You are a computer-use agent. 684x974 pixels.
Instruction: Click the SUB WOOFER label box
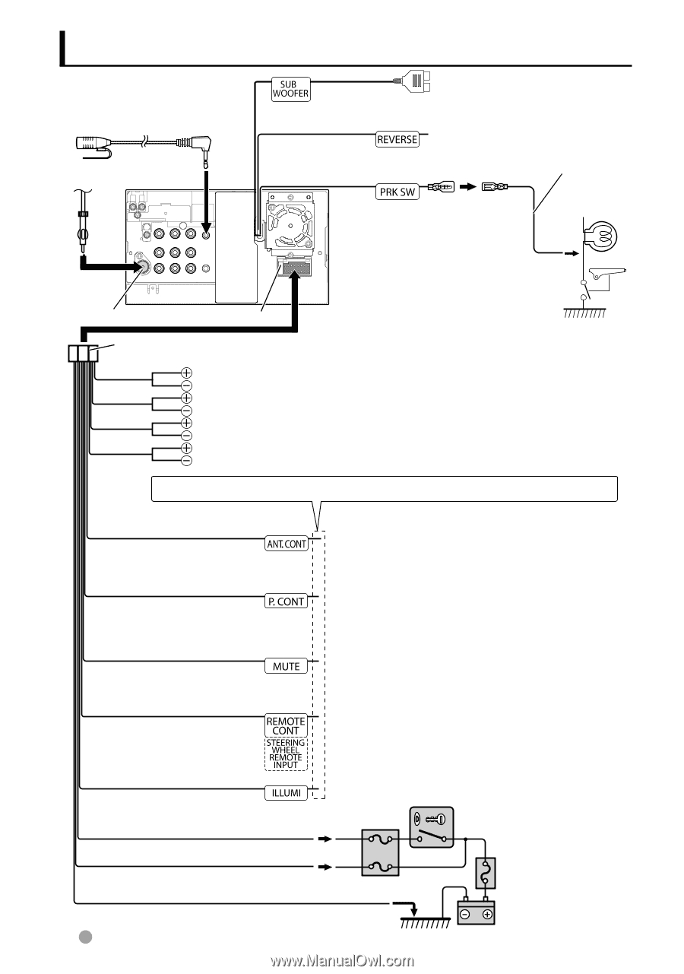291,89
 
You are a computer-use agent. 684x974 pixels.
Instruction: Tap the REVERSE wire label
397,139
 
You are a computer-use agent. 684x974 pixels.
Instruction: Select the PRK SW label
397,192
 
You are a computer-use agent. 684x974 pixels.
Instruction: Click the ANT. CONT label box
286,544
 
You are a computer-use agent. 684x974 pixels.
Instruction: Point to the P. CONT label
286,601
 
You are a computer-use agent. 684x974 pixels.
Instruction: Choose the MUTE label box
286,666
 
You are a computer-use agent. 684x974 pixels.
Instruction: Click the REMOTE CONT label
286,725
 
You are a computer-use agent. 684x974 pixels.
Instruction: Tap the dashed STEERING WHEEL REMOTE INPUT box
286,754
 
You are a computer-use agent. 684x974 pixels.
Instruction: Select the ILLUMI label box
286,793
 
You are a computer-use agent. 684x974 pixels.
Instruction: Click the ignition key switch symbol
431,826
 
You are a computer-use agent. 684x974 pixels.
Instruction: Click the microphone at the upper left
94,143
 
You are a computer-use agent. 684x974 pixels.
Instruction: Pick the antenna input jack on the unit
142,267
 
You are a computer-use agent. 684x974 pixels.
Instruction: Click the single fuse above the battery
486,873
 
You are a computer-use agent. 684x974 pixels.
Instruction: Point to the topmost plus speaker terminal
186,373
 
